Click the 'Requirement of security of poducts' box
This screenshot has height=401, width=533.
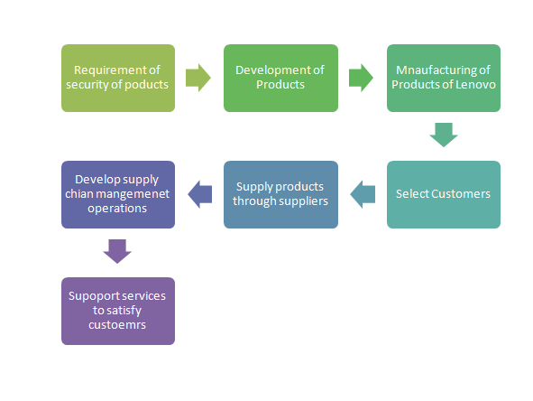point(118,78)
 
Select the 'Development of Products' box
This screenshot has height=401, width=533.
point(280,78)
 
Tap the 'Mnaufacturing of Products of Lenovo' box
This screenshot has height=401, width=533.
point(444,78)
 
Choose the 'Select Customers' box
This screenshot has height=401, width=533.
point(444,194)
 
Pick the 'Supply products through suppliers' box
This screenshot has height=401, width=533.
point(280,194)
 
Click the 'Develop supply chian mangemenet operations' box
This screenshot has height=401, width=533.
point(118,194)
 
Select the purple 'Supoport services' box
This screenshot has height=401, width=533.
point(118,311)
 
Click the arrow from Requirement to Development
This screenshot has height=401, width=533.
point(198,78)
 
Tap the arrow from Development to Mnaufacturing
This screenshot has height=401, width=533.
point(361,78)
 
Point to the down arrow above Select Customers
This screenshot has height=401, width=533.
point(444,135)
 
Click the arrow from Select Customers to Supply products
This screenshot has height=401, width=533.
point(363,194)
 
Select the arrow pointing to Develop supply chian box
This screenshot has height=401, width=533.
point(200,194)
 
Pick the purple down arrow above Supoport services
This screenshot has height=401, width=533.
point(117,252)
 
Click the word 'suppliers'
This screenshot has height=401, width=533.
point(304,201)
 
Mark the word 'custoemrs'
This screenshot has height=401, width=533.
point(117,325)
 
